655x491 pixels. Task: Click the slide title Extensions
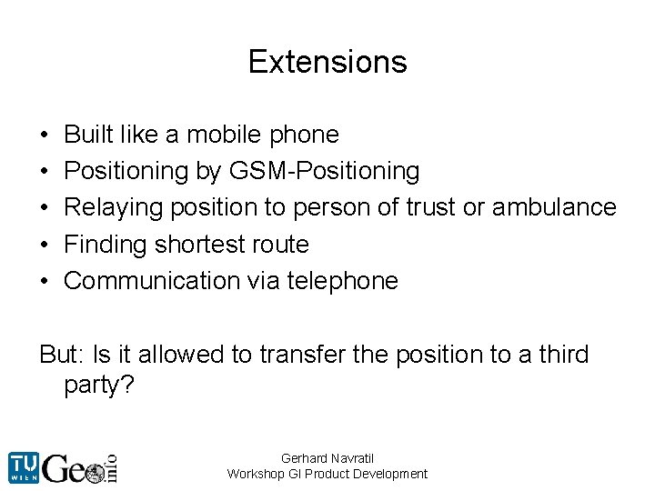tap(327, 62)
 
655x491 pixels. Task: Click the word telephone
tap(342, 281)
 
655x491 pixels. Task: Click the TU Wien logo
tap(24, 467)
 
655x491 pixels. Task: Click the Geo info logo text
tap(82, 467)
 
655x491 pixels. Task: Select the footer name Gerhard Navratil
tap(327, 458)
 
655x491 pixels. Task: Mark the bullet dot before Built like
tap(44, 135)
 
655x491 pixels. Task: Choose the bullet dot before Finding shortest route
tap(44, 245)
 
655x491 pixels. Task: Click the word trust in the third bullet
tap(428, 207)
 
